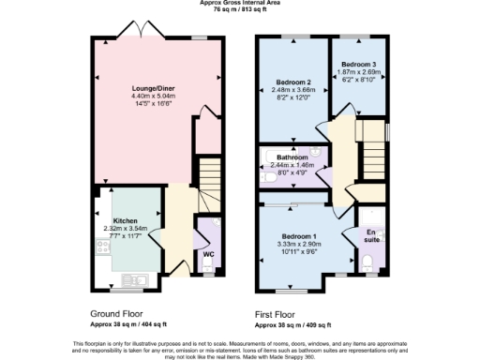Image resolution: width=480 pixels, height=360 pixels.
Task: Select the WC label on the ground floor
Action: coord(208,254)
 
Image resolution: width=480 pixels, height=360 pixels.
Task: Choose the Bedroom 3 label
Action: coord(359,64)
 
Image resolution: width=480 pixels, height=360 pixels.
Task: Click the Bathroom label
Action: coord(289,157)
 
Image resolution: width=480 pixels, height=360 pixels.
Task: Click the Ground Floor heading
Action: coord(116,313)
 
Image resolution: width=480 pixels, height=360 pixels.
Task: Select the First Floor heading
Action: coord(279,314)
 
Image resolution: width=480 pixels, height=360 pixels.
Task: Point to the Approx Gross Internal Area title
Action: coord(239,4)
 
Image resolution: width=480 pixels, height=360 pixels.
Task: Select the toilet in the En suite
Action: coord(369,260)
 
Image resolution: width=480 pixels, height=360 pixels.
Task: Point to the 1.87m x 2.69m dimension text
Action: coord(359,71)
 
